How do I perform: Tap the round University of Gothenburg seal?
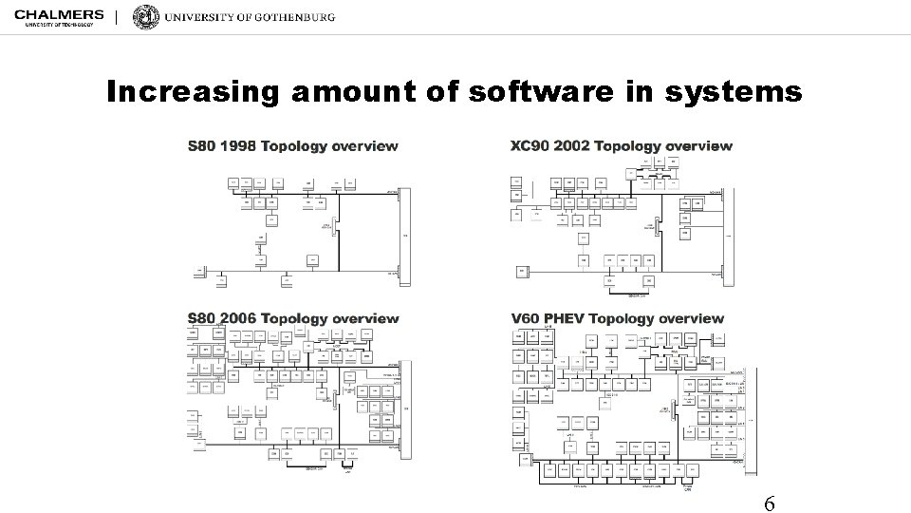click(146, 17)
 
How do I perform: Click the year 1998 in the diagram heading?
click(236, 146)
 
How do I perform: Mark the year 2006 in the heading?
click(236, 318)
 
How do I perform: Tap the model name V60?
click(527, 318)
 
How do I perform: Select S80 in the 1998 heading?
click(201, 146)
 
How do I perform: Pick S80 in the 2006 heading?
click(201, 318)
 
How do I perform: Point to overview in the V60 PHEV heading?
click(690, 318)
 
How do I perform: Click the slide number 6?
click(770, 503)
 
